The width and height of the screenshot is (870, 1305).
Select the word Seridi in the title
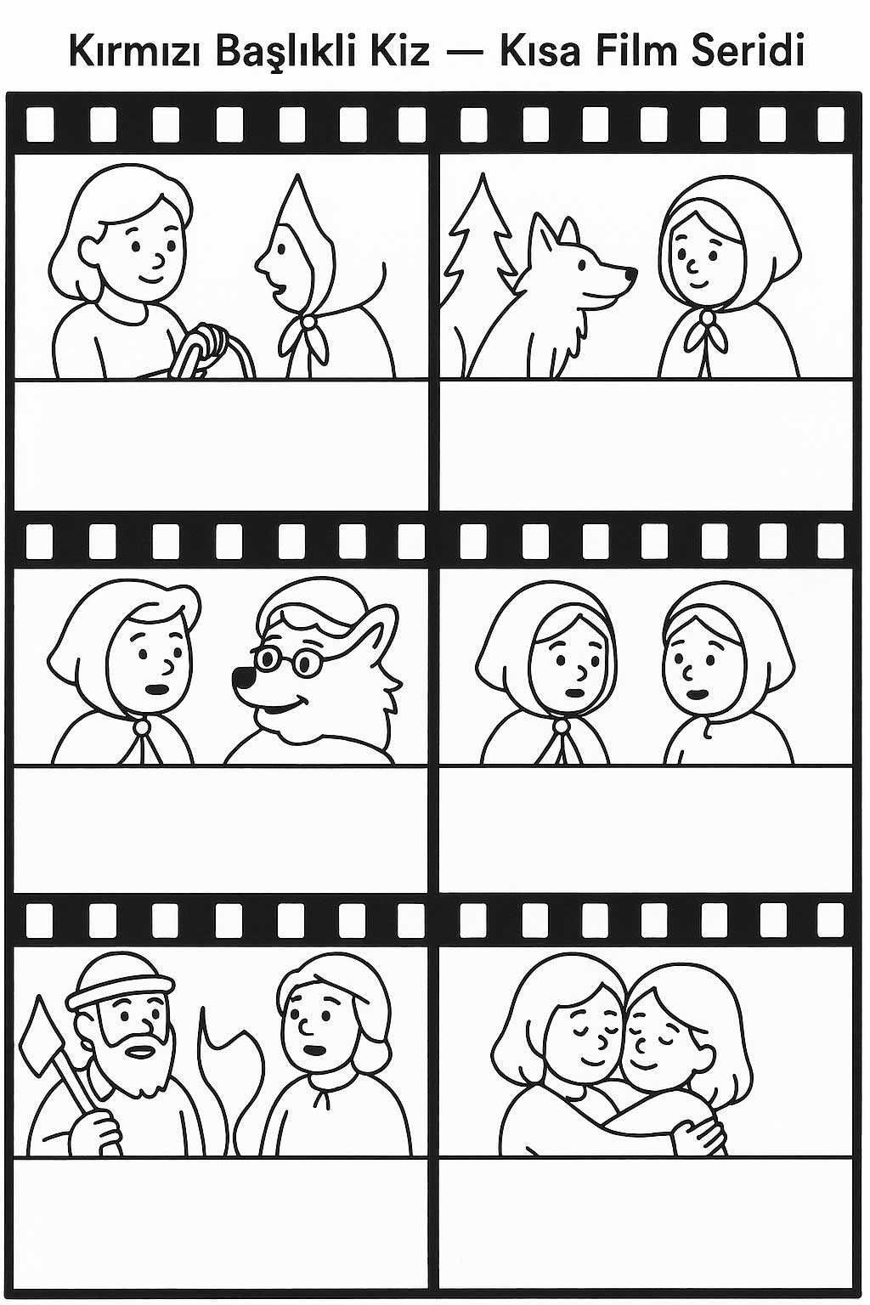pyautogui.click(x=749, y=50)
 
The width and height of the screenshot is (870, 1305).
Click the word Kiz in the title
pyautogui.click(x=401, y=50)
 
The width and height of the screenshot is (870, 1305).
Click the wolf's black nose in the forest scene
pyautogui.click(x=630, y=273)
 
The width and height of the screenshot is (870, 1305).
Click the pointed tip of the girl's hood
pyautogui.click(x=297, y=175)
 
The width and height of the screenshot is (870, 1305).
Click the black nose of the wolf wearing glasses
pyautogui.click(x=240, y=676)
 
